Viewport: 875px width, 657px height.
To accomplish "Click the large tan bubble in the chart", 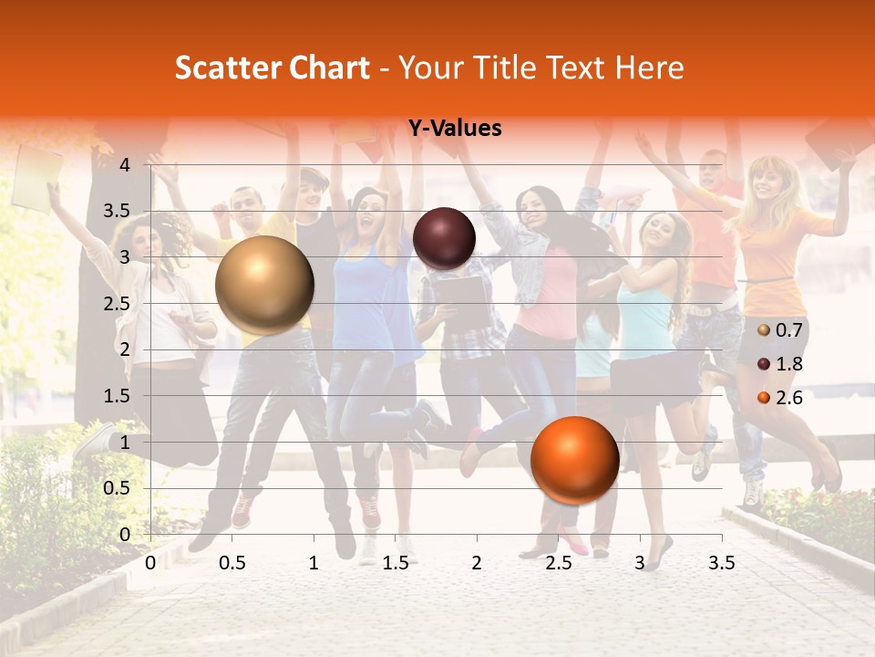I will pos(265,285).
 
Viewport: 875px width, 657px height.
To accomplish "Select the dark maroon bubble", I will pos(444,239).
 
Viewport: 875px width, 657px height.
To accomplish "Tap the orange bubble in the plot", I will pos(574,460).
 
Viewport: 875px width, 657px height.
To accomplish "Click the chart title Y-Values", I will pos(455,129).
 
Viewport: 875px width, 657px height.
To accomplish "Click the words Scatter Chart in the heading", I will pos(273,68).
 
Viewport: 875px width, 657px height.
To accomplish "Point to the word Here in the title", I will pos(649,68).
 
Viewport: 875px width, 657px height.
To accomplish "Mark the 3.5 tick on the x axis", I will pos(722,563).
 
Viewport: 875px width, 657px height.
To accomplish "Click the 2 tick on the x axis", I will pos(477,563).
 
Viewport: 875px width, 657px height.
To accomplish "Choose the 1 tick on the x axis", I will pos(314,563).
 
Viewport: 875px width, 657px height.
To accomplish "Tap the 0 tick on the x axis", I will pos(150,563).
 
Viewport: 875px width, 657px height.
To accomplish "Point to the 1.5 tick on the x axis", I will pos(396,563).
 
